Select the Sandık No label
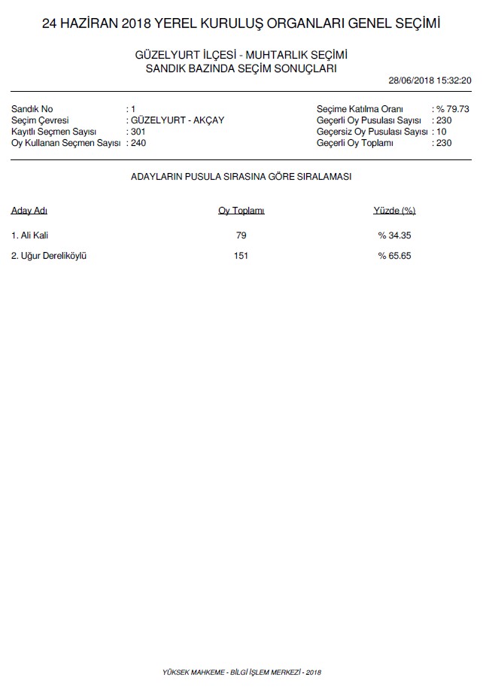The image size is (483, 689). (32, 109)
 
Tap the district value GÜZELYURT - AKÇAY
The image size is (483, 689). (177, 120)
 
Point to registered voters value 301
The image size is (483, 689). (138, 132)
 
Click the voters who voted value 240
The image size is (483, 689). (138, 143)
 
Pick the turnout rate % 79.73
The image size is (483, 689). (454, 109)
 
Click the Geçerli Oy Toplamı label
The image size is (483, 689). (355, 143)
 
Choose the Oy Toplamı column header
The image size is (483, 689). (241, 211)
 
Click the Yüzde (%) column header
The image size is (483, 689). (394, 211)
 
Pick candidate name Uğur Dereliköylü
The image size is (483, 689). (50, 256)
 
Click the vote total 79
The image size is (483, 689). (241, 235)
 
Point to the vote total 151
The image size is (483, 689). (241, 256)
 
